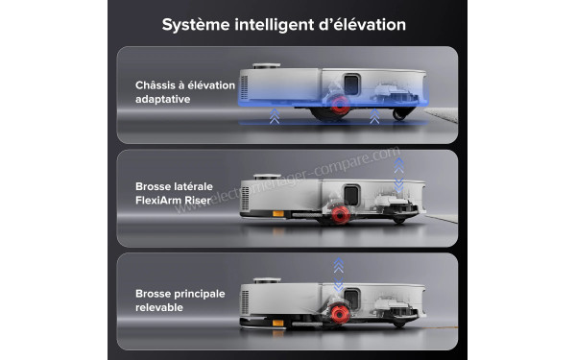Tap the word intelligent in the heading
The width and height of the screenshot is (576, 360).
point(273,23)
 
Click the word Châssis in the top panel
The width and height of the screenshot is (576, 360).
point(157,85)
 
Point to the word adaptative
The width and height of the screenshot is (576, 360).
point(164,100)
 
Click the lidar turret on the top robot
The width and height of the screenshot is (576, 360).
point(267,66)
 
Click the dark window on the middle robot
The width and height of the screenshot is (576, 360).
point(351,188)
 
